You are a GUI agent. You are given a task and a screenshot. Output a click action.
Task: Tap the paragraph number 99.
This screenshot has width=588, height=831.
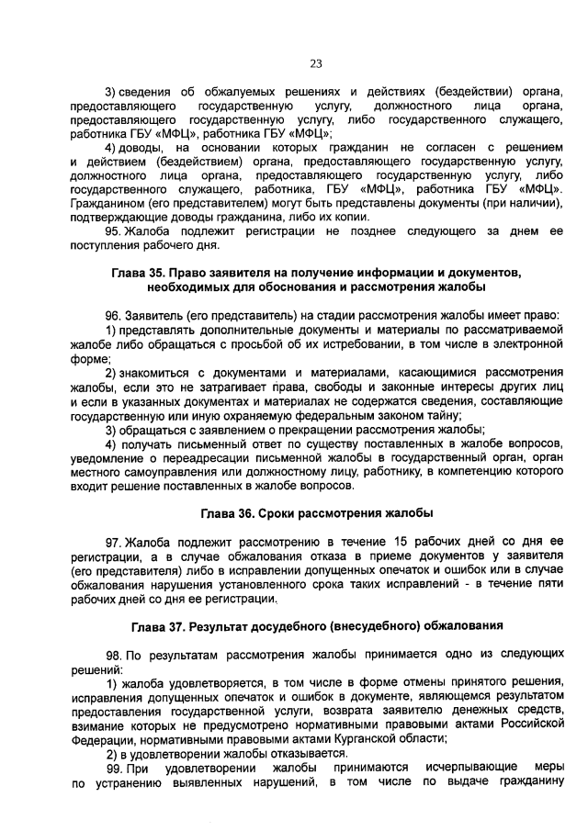[x=114, y=767]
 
